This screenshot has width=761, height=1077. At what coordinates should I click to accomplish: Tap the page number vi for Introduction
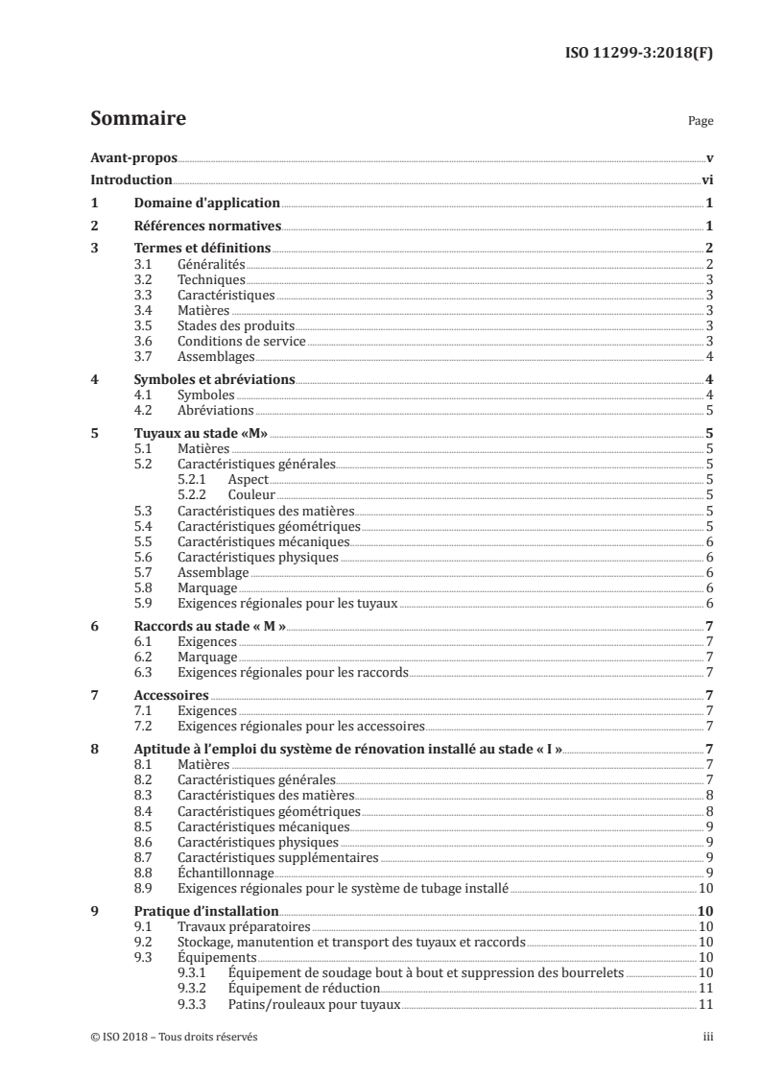point(705,179)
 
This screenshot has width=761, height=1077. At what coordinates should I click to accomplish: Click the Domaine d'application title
point(205,203)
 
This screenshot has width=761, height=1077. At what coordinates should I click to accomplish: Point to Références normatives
point(206,227)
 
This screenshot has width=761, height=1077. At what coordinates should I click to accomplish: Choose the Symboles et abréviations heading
point(214,379)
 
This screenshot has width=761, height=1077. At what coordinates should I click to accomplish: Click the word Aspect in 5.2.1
point(249,479)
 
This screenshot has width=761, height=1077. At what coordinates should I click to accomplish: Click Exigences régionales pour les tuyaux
point(288,603)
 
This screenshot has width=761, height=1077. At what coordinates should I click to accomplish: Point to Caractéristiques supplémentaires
point(278,857)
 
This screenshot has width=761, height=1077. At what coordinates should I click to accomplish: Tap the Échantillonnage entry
point(226,873)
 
